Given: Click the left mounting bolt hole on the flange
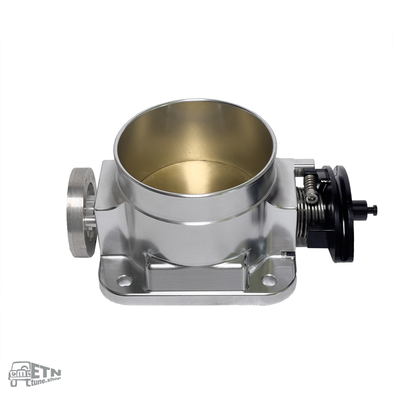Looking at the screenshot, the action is [125, 281].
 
